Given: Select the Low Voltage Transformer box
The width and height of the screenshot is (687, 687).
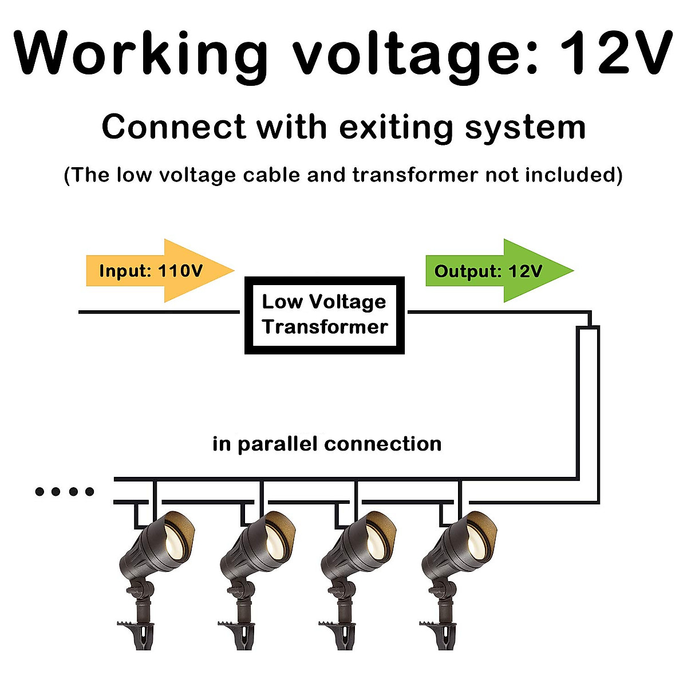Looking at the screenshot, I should tap(325, 315).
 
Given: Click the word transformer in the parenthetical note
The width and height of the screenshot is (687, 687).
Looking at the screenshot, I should tap(414, 175).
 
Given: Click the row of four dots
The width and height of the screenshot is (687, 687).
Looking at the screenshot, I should tap(64, 491).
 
